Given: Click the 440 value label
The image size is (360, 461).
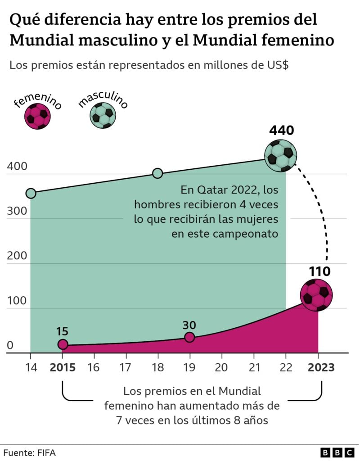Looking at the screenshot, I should coord(281,131).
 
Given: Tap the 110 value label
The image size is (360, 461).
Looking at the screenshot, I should coord(319,271).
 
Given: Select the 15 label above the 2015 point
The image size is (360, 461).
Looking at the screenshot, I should coord(62,331).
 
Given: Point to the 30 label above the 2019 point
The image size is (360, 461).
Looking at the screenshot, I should coord(189,325).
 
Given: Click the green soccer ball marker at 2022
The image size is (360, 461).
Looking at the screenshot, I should coord(281,155).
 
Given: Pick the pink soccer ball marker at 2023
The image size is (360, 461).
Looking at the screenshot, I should coord(316,295).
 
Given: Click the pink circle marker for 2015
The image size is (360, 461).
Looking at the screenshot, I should coord(63,344).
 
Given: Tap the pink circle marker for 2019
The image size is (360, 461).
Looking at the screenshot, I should coord(189,337).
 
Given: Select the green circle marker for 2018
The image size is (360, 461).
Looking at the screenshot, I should coord(157,173).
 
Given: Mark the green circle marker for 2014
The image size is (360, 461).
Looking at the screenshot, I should coord(31,193).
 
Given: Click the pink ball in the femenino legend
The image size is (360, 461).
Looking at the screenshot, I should coord(38,116).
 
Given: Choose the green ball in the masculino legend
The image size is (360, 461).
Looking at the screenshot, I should coord(103,116).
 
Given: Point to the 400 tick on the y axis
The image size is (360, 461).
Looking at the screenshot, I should coord(17,166).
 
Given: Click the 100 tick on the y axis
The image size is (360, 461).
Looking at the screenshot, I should coord(17,301).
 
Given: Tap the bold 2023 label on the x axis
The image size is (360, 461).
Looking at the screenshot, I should coord(321,367).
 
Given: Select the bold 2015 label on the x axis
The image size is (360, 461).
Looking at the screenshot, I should coord(63,367).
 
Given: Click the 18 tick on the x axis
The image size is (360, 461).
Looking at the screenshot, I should coord(157,367).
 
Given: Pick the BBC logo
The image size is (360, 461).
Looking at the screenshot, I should coord(337,452).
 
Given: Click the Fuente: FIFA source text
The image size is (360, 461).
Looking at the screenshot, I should coord(29,452).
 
